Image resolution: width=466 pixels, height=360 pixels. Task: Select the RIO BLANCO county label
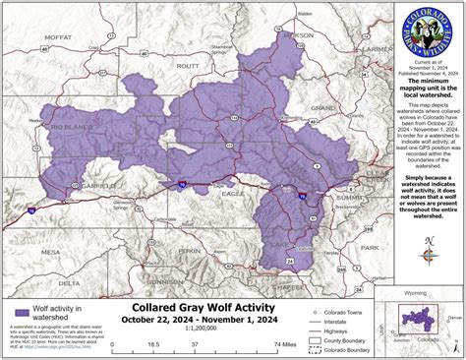tap(68, 127)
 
